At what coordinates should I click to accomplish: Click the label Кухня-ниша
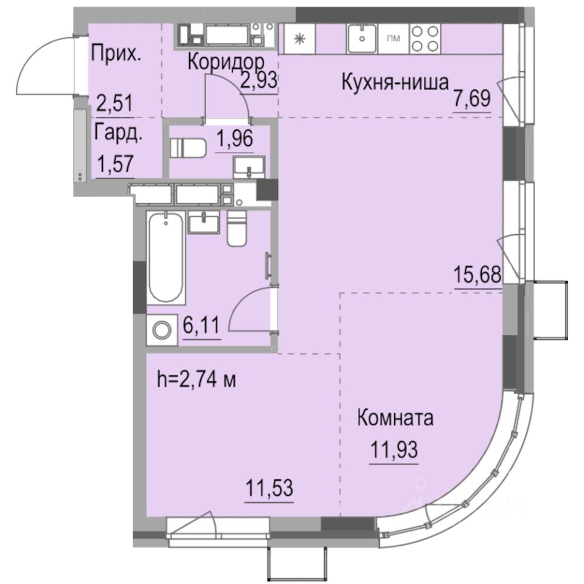395,82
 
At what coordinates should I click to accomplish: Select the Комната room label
395,419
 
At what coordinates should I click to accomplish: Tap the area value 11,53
269,488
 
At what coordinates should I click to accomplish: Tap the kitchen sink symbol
363,38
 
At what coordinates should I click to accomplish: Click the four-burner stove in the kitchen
425,38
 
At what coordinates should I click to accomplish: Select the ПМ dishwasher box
394,38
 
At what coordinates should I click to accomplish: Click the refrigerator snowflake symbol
299,38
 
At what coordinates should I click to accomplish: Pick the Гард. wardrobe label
119,134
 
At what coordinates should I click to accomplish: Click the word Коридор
225,62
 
